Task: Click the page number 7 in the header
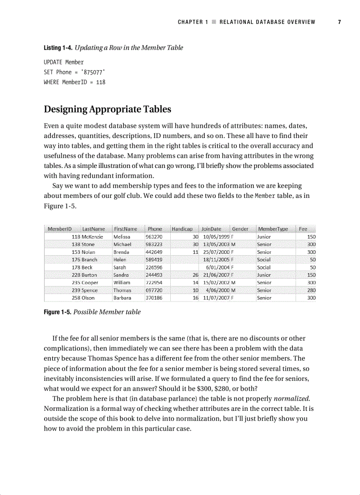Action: pos(339,22)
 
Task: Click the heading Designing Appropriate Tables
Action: pos(107,109)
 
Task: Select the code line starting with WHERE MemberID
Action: pos(74,82)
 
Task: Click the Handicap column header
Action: pos(182,229)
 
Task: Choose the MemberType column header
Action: pos(273,229)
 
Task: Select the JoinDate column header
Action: pos(211,229)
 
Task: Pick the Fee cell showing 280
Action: pos(311,290)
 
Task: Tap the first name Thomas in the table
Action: pos(122,290)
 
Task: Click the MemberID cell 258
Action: pos(75,298)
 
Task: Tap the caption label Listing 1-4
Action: pos(57,48)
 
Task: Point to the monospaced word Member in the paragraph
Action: pos(265,196)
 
